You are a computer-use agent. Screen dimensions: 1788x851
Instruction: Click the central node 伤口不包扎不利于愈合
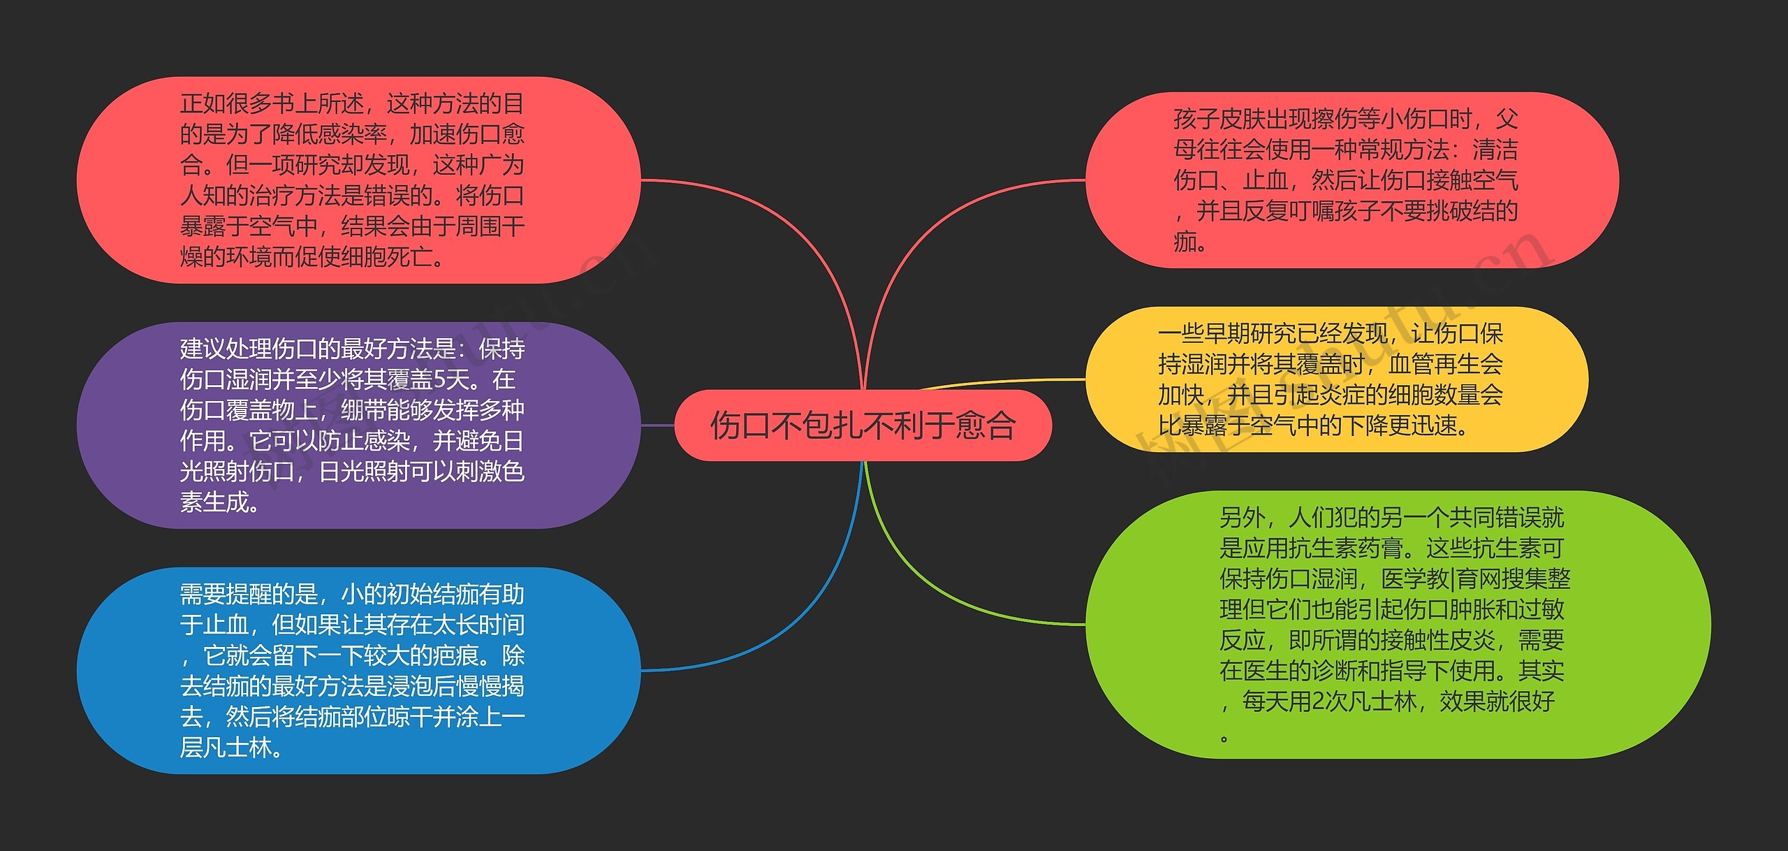[863, 425]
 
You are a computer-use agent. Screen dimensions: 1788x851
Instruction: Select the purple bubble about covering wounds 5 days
[358, 425]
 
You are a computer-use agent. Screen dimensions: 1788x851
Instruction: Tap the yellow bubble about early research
[1335, 379]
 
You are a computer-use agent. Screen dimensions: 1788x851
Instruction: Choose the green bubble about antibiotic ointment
[1397, 624]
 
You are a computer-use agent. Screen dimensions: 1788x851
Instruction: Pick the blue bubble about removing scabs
[358, 670]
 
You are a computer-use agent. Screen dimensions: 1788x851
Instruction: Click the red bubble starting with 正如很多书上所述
[358, 180]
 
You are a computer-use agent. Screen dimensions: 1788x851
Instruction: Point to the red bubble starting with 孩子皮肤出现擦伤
[1351, 180]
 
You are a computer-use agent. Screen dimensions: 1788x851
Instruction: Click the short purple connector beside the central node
[657, 425]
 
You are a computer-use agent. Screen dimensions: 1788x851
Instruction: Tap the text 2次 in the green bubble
[1324, 701]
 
